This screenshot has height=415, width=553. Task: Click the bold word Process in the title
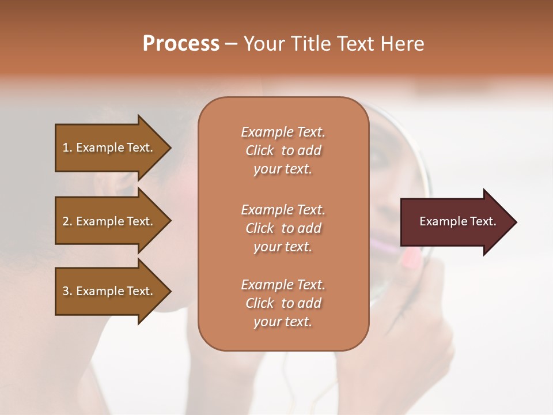coord(181,44)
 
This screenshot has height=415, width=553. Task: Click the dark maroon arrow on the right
coord(455,222)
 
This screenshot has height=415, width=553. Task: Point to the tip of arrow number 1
coord(170,148)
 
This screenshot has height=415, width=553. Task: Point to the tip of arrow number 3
coord(170,291)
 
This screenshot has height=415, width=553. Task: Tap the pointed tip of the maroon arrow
coord(516,222)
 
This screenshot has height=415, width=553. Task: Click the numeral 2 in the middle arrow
coord(66,221)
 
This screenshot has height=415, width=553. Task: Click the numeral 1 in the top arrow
coord(66,148)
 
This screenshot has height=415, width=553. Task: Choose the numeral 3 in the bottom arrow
coord(66,291)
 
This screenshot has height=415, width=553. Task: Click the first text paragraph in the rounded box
coord(283,150)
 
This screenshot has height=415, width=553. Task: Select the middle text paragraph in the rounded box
coord(283,228)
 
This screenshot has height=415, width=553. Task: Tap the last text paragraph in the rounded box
coord(283,303)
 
